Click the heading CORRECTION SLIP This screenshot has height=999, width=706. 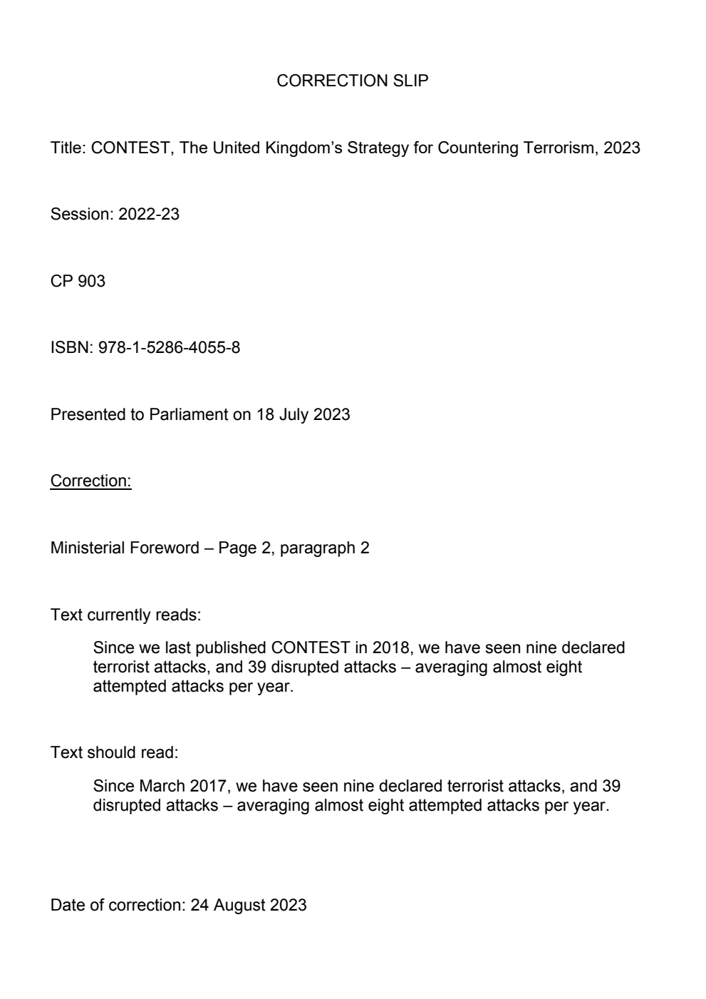[x=352, y=81]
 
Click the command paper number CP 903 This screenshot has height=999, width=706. [x=78, y=282]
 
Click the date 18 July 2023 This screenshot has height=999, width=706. [x=303, y=415]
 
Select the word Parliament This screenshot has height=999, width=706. [x=188, y=415]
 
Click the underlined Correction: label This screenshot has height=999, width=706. [x=90, y=481]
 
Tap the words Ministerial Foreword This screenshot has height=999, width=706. [x=125, y=548]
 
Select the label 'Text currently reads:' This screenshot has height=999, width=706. [x=125, y=615]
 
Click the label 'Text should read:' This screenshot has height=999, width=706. [x=114, y=753]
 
